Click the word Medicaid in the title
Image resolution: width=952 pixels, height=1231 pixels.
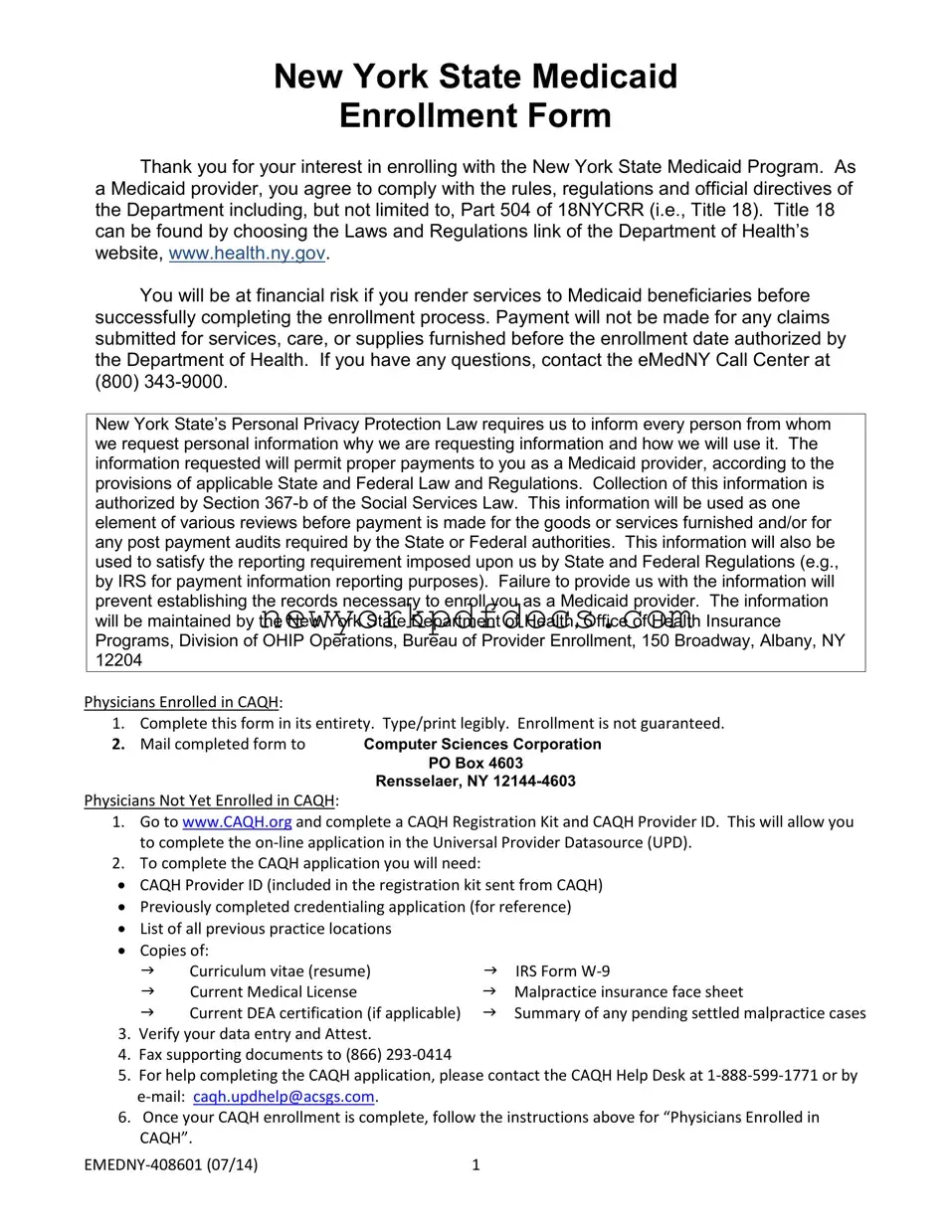point(606,77)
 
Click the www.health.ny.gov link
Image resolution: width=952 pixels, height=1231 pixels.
point(247,254)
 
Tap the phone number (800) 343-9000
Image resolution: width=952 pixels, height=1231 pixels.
point(160,382)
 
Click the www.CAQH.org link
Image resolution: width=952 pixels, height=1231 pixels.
point(237,821)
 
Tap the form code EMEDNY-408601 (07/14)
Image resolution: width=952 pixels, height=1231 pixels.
point(171,1164)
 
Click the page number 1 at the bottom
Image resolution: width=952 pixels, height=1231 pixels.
point(476,1164)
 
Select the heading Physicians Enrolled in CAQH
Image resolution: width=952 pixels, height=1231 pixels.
point(181,702)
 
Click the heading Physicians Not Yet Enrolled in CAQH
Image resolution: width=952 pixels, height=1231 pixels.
point(210,800)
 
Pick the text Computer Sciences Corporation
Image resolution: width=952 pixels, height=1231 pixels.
point(482,744)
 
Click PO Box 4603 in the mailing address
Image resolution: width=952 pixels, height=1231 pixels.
point(476,763)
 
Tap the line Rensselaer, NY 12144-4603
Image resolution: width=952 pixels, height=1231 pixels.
point(476,782)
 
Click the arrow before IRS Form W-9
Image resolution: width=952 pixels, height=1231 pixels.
point(489,970)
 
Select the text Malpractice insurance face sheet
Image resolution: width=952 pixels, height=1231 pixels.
point(628,991)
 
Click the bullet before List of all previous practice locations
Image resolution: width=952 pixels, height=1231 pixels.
point(120,929)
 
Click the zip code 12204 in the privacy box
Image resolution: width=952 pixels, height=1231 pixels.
point(118,660)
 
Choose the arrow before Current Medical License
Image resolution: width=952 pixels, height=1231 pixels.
point(147,991)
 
